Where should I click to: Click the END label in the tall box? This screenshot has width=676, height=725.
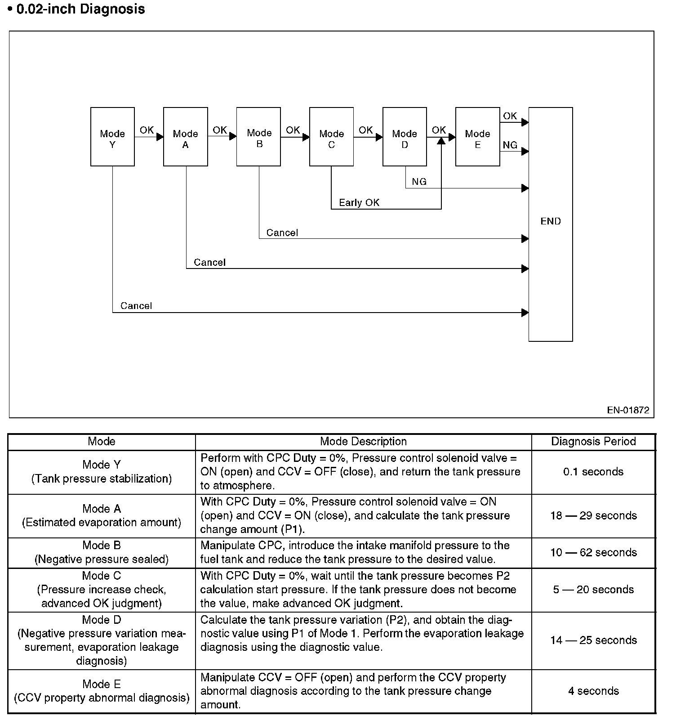click(x=551, y=221)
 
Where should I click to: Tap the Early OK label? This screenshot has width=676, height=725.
click(x=359, y=203)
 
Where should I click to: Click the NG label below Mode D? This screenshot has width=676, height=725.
click(x=419, y=182)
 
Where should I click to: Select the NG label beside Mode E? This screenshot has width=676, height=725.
click(x=510, y=145)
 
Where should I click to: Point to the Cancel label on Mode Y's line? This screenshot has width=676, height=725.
click(x=136, y=306)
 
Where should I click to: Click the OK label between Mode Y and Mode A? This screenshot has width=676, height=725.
click(x=147, y=130)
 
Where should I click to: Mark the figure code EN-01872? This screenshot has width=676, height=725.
click(x=628, y=410)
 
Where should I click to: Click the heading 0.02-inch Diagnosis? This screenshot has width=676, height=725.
click(x=80, y=9)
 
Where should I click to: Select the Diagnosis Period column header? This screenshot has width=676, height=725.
click(x=593, y=442)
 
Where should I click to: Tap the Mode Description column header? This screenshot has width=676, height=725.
click(x=363, y=442)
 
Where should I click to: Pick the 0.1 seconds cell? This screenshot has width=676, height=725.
click(x=593, y=472)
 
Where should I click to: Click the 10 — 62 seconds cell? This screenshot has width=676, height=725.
click(x=593, y=552)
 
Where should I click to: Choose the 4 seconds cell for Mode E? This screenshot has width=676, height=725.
click(x=593, y=691)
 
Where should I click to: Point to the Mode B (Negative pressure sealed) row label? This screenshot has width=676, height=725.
click(x=102, y=552)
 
